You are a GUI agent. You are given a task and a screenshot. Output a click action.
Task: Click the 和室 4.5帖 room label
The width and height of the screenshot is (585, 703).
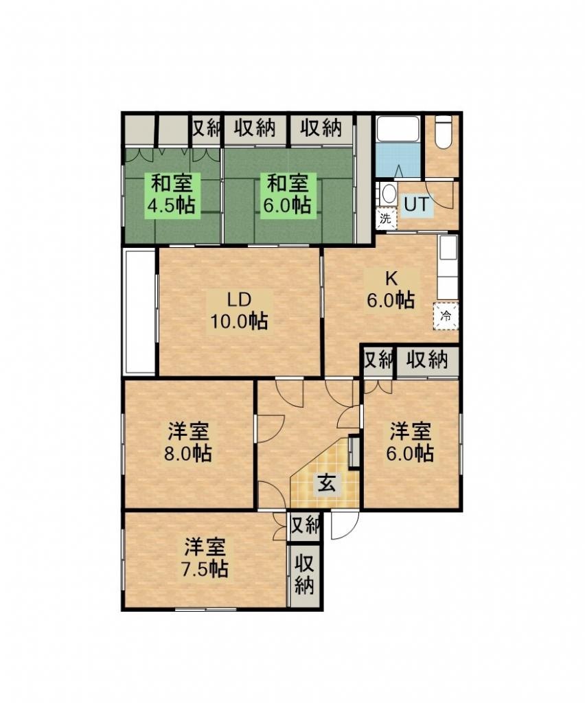coord(172,194)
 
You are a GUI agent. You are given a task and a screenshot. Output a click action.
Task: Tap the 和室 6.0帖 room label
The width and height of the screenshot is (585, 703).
coord(287,194)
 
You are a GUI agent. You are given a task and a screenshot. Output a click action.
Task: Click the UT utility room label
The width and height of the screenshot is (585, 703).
coord(417,205)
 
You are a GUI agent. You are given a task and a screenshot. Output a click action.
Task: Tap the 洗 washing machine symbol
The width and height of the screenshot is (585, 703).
coord(385,219)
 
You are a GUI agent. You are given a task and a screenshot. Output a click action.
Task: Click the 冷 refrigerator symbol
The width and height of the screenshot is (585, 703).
coord(446,316)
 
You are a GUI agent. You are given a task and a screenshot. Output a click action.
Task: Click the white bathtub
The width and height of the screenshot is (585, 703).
coord(398,130)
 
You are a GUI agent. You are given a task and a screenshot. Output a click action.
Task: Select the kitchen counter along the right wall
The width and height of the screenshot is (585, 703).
coord(448,267)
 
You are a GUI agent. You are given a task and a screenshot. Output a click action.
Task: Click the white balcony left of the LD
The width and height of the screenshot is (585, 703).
coord(139,312)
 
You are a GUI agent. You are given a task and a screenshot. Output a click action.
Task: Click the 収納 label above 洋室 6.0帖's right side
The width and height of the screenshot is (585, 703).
coord(428,359)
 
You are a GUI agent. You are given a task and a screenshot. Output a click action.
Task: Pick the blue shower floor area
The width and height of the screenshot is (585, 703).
coord(398,160)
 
